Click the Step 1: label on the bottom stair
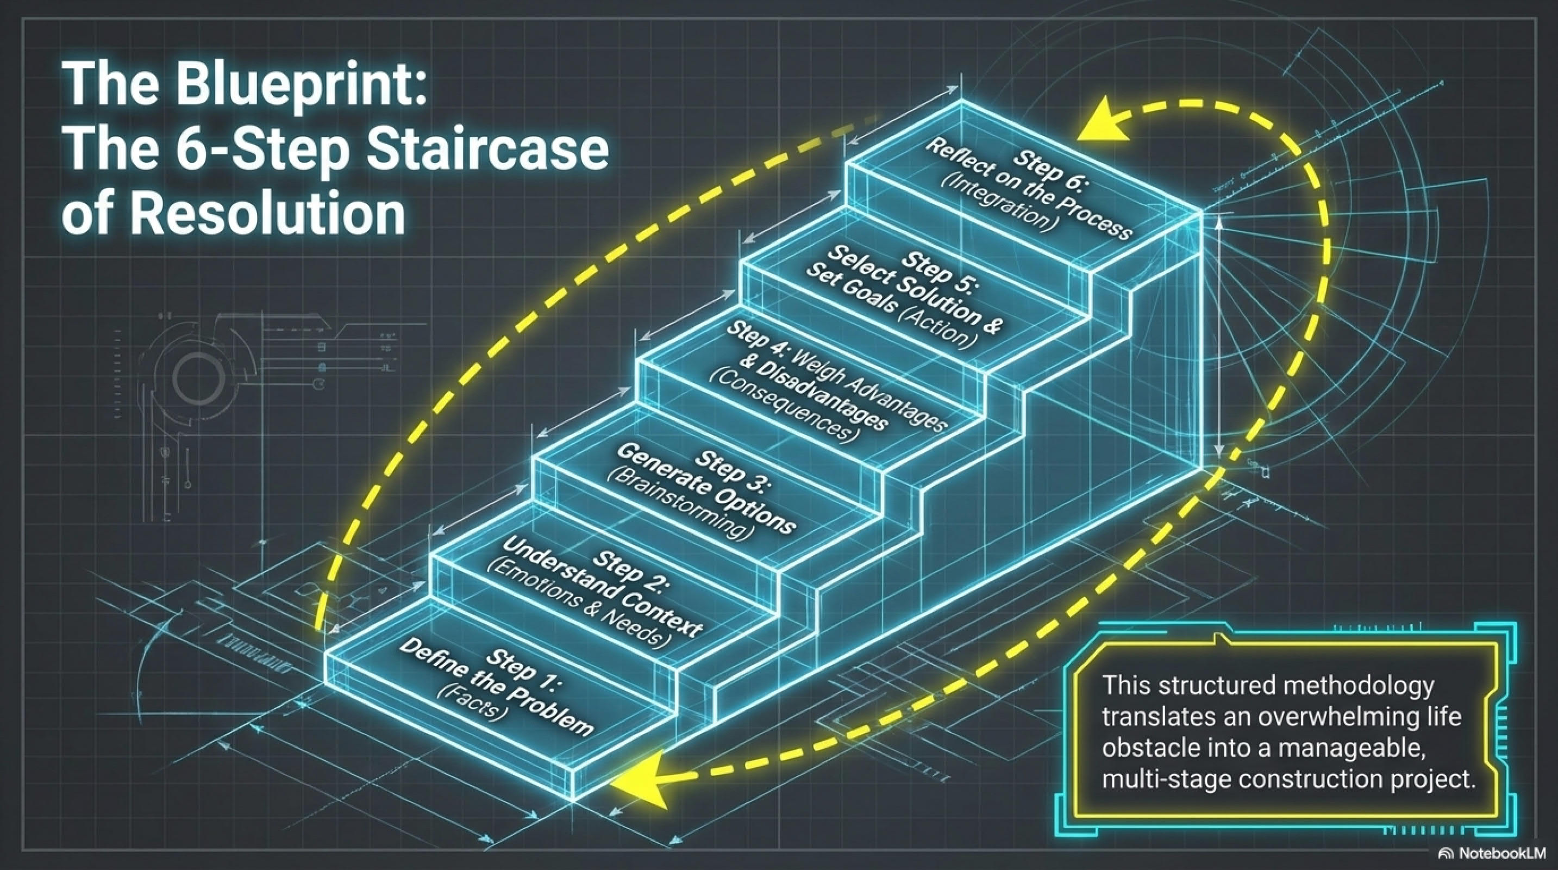[x=526, y=666]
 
